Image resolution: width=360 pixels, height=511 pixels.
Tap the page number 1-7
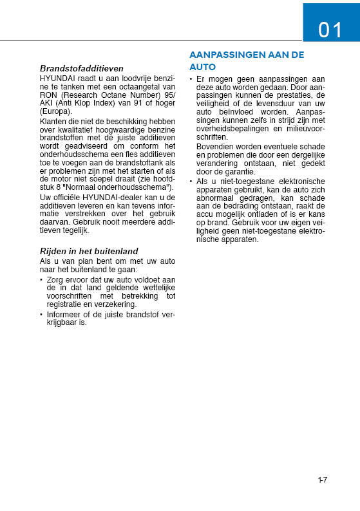coord(323,479)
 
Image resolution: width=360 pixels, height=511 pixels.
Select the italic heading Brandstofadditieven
coord(81,68)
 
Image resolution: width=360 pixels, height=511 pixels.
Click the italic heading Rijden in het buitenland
coord(89,251)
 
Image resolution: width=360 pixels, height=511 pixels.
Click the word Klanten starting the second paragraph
coord(53,121)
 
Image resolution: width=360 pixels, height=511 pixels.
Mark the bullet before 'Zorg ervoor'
coord(42,279)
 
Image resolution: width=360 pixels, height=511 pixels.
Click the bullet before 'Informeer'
coord(42,315)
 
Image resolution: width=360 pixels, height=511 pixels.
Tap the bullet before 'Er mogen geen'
coord(191,79)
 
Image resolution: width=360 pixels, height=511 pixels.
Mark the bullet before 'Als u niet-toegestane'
coord(191,181)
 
